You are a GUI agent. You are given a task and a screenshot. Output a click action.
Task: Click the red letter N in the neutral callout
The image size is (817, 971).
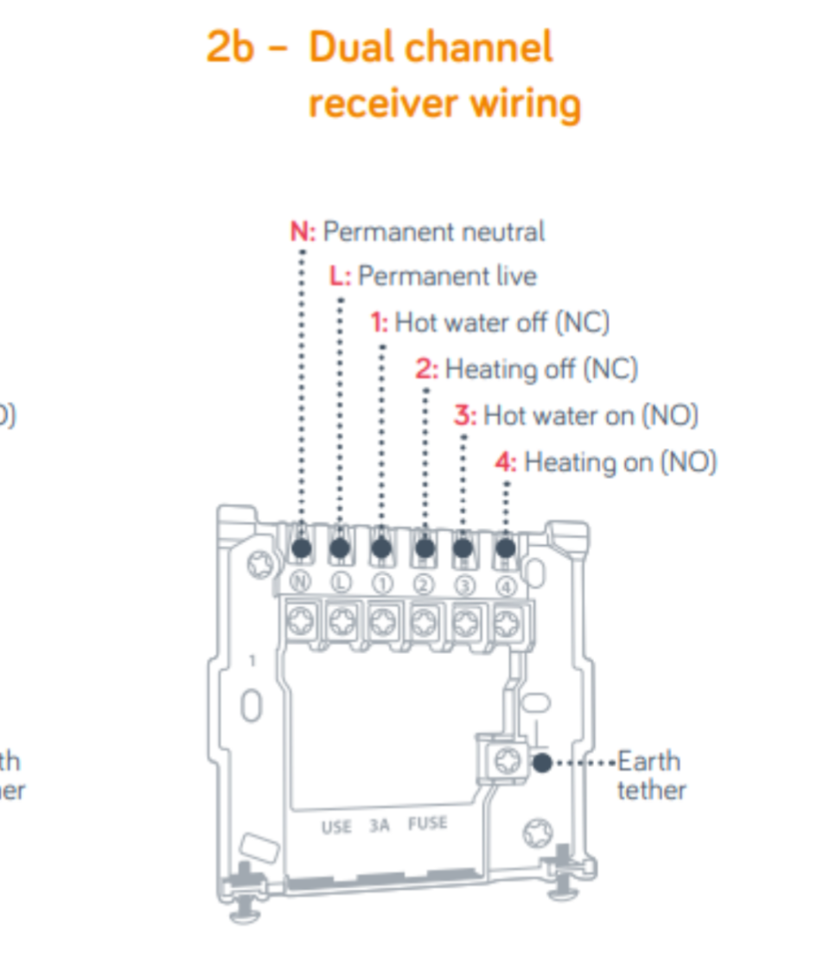[299, 232]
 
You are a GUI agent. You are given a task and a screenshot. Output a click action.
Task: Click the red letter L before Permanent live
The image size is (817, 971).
[337, 276]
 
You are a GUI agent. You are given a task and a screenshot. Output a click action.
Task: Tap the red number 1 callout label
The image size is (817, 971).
[378, 323]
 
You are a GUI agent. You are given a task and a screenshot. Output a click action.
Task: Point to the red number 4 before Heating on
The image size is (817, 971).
[504, 462]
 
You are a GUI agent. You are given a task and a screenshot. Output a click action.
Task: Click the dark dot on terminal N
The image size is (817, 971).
[301, 548]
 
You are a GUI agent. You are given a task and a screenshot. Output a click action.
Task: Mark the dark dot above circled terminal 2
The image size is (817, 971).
[424, 548]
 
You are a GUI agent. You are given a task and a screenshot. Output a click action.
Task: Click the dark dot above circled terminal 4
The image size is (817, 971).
[506, 548]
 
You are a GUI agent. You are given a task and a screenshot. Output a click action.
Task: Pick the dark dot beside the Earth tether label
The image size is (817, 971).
[542, 763]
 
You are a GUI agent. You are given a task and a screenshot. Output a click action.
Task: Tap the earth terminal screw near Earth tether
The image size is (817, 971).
[504, 760]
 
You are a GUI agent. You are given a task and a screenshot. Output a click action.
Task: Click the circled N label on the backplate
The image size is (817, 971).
[300, 581]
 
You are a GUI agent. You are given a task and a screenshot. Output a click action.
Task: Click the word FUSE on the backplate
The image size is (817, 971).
[429, 822]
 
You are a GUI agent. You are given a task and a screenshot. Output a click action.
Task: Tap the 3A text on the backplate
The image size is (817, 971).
[380, 825]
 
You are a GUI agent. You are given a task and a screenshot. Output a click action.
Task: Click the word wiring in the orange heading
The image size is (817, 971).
[526, 104]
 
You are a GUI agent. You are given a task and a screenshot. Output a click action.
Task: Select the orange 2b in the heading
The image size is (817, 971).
[230, 48]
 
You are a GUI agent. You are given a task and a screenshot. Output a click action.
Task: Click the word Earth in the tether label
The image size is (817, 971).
[649, 761]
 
